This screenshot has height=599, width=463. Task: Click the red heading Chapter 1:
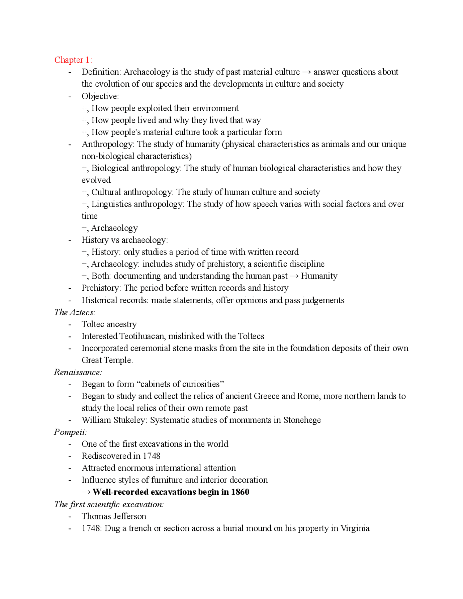coord(73,60)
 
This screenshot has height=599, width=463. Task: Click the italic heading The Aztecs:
coord(75,312)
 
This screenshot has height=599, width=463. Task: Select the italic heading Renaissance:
coord(78,372)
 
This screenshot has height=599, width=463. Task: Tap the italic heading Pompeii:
coord(70,432)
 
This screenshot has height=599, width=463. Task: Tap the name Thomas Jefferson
coord(114,516)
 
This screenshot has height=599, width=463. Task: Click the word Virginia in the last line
coord(354,528)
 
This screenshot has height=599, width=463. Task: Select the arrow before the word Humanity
coord(294,276)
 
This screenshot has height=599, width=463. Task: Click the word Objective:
coord(100,96)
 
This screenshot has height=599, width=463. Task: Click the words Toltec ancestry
coord(109,324)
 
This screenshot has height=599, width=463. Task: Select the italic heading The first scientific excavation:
coord(109,504)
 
